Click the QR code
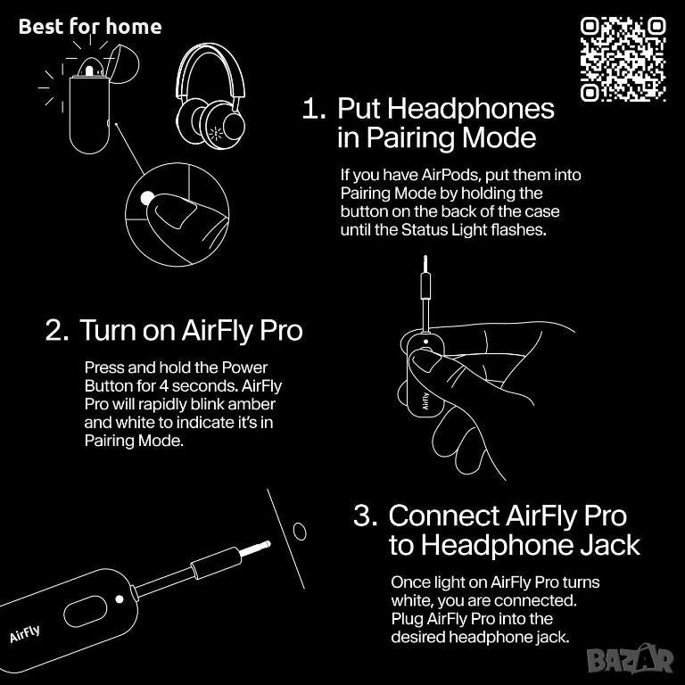pyautogui.click(x=623, y=60)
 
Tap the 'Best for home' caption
pyautogui.click(x=90, y=26)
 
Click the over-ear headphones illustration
pyautogui.click(x=210, y=96)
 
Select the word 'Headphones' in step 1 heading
pyautogui.click(x=471, y=108)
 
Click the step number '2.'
pyautogui.click(x=57, y=330)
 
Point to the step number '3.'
pyautogui.click(x=365, y=516)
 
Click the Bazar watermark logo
pyautogui.click(x=631, y=659)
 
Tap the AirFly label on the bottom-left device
pyautogui.click(x=25, y=633)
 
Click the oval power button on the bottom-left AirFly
pyautogui.click(x=86, y=611)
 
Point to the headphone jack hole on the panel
pyautogui.click(x=300, y=532)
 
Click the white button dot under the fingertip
pyautogui.click(x=147, y=198)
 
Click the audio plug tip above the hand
pyautogui.click(x=425, y=263)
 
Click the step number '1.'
pyautogui.click(x=314, y=108)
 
